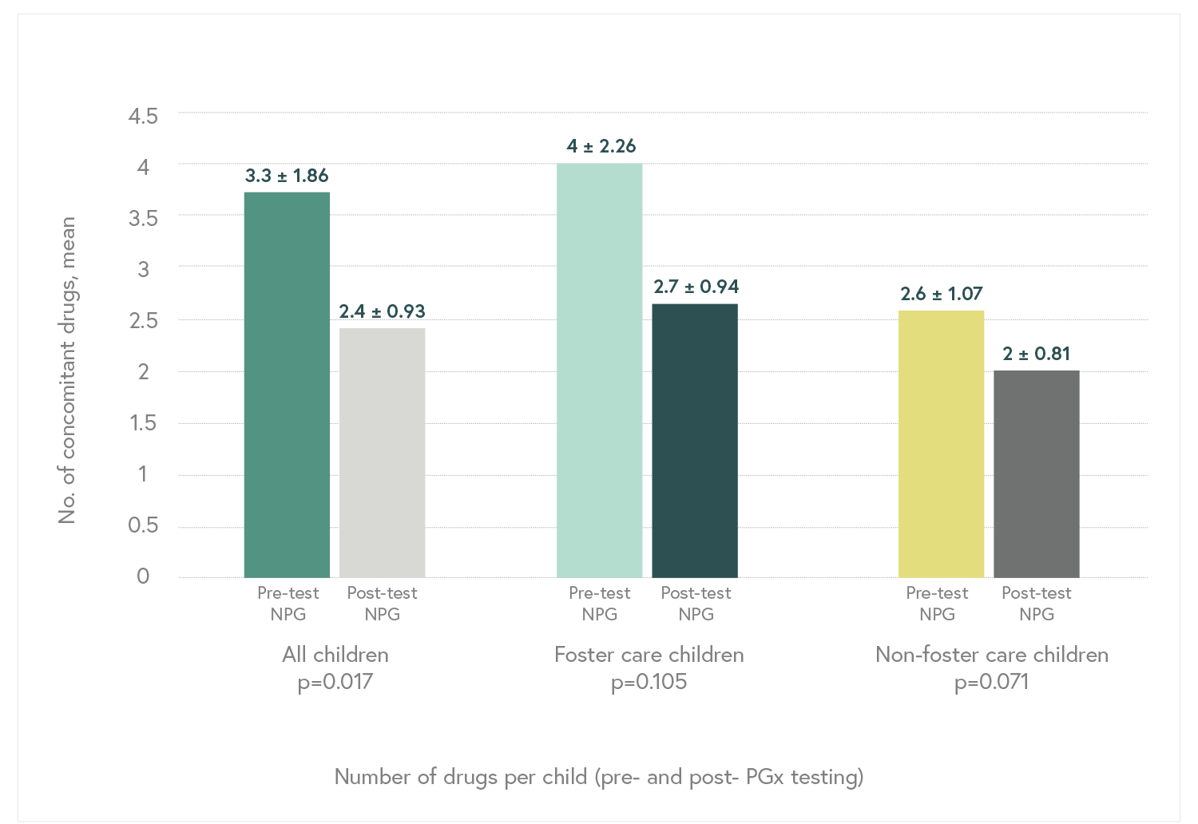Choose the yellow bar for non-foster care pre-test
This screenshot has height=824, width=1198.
[x=941, y=444]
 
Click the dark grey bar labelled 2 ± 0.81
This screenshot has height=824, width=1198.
[x=1036, y=474]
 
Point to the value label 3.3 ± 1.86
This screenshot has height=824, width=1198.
[x=287, y=176]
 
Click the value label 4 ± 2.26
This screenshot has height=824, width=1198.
[x=601, y=146]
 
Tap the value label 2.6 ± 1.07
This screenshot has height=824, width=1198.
[x=942, y=294]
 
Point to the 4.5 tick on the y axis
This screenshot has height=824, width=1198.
[x=143, y=116]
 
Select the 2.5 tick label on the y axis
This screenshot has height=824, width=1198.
[x=143, y=320]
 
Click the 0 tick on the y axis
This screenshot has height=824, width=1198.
[x=143, y=576]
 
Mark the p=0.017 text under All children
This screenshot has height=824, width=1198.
[x=335, y=682]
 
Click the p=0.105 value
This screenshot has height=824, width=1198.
[x=649, y=682]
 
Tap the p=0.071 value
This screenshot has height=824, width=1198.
[x=991, y=682]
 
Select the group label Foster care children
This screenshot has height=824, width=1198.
[x=649, y=655]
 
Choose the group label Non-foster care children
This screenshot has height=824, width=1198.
[x=991, y=655]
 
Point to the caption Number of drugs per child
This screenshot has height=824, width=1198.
[x=598, y=776]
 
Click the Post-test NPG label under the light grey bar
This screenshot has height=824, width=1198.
[x=382, y=604]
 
